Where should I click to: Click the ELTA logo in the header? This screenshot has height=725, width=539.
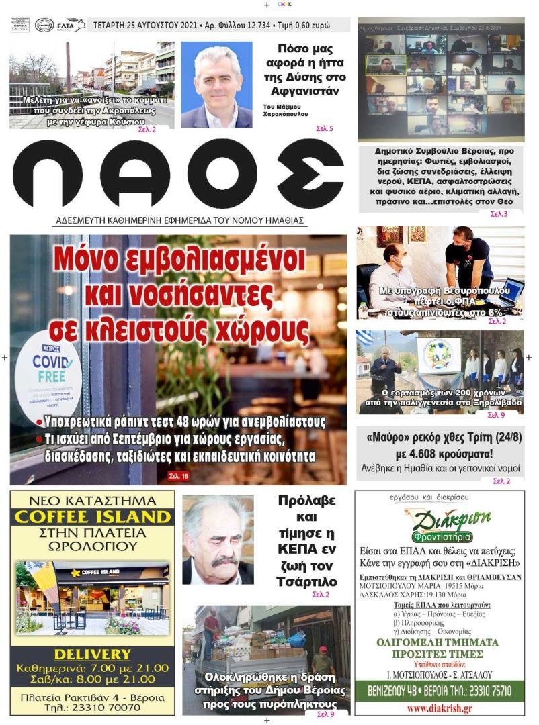71,26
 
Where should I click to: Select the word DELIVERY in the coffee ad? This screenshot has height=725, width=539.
93,654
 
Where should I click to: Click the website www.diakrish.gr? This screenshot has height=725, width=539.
438,708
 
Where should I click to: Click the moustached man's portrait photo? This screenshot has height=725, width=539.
218,540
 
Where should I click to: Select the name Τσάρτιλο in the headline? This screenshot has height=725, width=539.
306,581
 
